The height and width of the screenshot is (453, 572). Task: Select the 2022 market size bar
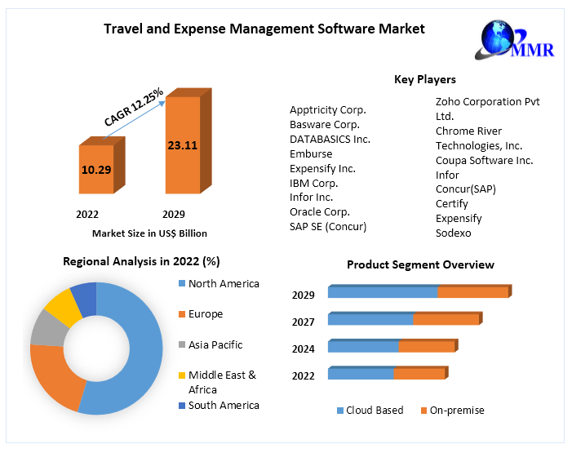click(x=96, y=170)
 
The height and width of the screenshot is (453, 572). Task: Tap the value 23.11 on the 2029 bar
click(x=182, y=146)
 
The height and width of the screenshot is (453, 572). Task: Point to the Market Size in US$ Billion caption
click(x=149, y=233)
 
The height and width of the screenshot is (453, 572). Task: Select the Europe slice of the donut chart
click(x=54, y=376)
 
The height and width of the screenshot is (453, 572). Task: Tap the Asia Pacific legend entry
click(x=215, y=345)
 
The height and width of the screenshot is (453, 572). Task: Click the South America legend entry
click(x=223, y=406)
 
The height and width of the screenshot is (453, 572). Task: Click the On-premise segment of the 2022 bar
click(x=419, y=374)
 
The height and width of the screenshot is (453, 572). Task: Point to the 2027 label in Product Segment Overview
click(x=304, y=322)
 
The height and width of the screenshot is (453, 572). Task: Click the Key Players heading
click(x=424, y=80)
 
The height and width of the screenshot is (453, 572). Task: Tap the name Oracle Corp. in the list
click(x=320, y=212)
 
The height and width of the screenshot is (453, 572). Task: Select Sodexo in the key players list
click(x=454, y=233)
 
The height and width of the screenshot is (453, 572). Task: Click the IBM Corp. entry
click(x=314, y=183)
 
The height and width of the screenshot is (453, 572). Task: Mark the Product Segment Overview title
click(x=420, y=264)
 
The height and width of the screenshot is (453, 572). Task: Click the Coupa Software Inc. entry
click(x=484, y=161)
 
